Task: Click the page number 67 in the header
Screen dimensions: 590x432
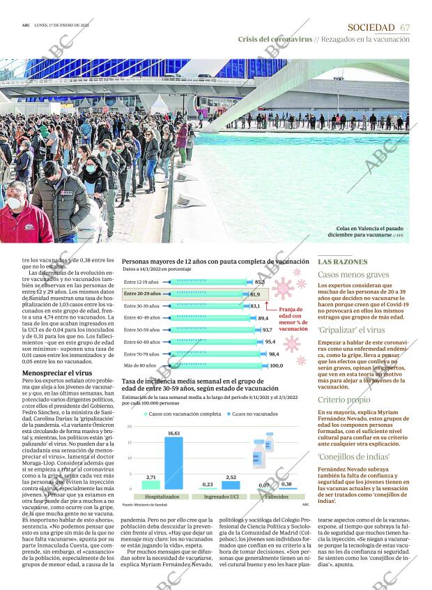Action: click(x=405, y=27)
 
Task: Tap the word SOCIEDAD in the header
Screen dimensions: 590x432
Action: click(x=371, y=27)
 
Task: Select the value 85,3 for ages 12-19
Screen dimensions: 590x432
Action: click(x=260, y=282)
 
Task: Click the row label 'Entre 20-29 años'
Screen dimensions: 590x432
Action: click(x=141, y=294)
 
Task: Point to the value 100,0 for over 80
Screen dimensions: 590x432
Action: click(x=277, y=365)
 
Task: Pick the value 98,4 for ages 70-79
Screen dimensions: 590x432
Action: click(x=274, y=354)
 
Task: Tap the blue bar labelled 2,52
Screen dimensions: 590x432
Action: click(x=231, y=485)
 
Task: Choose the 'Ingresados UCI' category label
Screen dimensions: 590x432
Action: click(x=219, y=496)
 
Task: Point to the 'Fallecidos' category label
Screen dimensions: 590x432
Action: click(x=276, y=496)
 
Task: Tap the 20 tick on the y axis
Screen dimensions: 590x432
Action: click(x=129, y=426)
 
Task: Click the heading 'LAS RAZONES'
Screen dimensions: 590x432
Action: click(x=342, y=262)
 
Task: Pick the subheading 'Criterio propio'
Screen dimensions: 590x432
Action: click(x=344, y=400)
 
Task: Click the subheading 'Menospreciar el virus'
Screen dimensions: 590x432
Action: click(x=57, y=373)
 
